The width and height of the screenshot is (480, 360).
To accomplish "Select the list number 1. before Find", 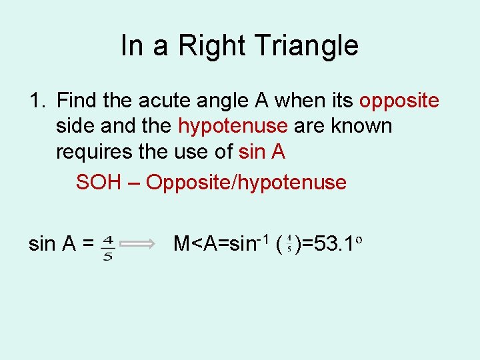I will [37, 101].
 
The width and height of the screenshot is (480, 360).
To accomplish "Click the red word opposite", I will [399, 101].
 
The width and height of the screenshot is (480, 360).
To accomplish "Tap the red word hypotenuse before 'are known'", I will [233, 126].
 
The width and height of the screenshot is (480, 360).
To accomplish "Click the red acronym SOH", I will [97, 182].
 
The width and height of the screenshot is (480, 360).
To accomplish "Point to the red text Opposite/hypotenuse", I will [246, 182].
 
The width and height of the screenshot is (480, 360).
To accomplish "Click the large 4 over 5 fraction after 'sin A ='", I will [107, 245].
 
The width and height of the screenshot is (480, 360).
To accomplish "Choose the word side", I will [76, 126].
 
